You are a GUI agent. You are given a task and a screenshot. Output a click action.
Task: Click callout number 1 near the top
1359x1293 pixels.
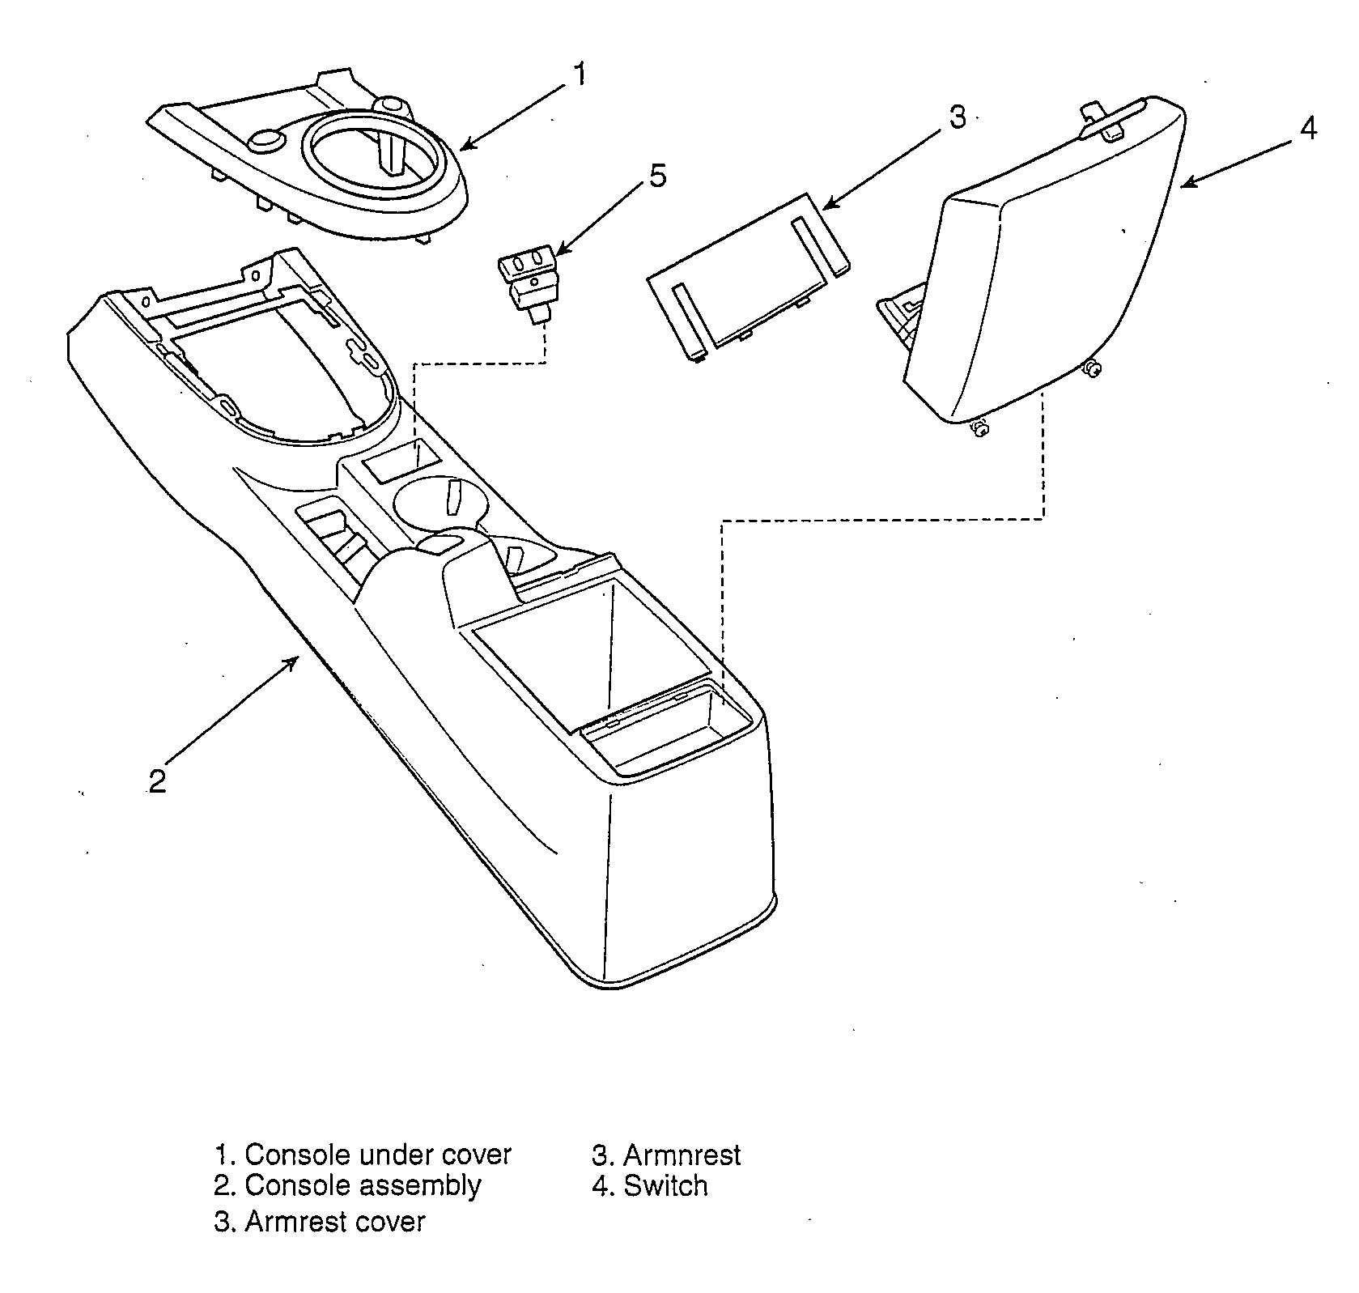click(579, 74)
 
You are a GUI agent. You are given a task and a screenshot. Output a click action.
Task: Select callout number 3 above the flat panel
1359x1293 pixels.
click(958, 117)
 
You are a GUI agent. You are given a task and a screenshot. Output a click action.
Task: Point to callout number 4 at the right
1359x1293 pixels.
click(1309, 129)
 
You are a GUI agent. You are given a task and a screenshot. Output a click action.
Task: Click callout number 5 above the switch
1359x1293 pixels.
click(658, 177)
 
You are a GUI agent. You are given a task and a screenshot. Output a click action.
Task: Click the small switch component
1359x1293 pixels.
click(528, 285)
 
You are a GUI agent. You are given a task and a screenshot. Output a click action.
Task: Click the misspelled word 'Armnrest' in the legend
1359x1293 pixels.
click(682, 1155)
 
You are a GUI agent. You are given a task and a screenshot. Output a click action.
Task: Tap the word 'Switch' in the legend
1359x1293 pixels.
click(665, 1185)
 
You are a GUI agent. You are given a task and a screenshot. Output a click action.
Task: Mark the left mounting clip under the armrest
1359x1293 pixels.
click(980, 428)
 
